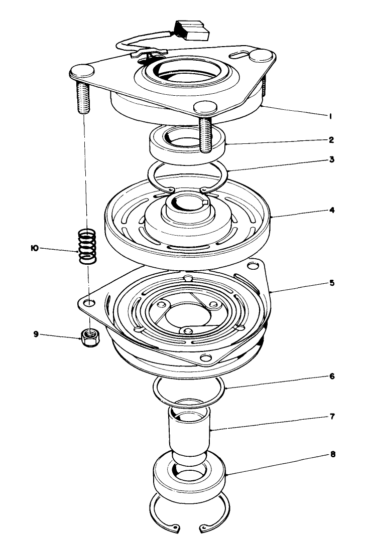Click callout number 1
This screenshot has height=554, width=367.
point(331,116)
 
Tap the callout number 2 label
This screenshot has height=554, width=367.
point(331,139)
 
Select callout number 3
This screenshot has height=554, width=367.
point(331,160)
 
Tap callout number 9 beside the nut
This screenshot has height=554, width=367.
point(36,333)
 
